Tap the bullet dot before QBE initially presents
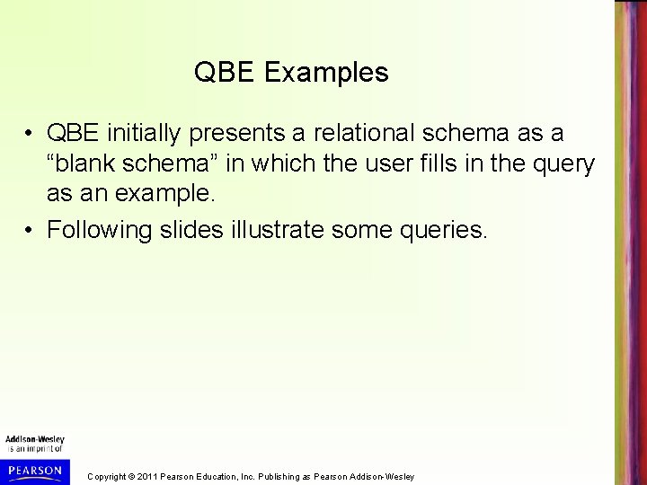[x=31, y=134]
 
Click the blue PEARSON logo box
[x=33, y=470]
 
